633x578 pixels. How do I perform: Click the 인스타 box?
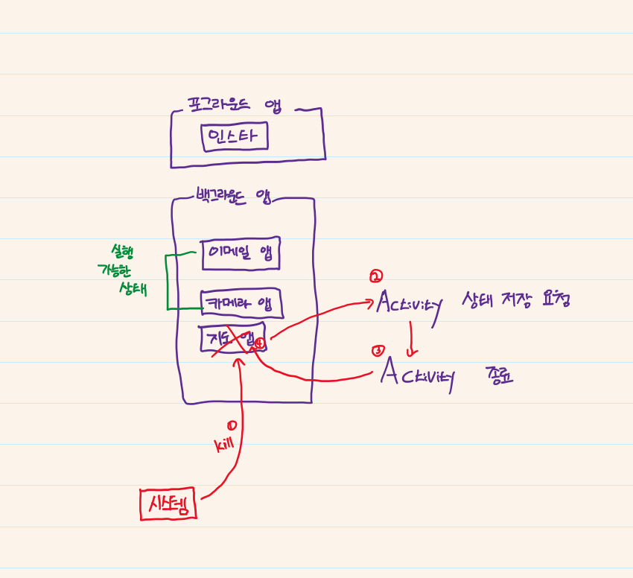pyautogui.click(x=235, y=137)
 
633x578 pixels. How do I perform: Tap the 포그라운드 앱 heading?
pyautogui.click(x=234, y=106)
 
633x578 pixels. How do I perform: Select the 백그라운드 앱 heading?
pyautogui.click(x=232, y=197)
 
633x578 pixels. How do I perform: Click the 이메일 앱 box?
pyautogui.click(x=240, y=253)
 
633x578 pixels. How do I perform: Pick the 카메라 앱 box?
pyautogui.click(x=240, y=302)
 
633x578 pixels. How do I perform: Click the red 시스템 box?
pyautogui.click(x=169, y=504)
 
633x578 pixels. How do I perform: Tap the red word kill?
pyautogui.click(x=224, y=444)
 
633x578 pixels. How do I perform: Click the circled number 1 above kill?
pyautogui.click(x=232, y=425)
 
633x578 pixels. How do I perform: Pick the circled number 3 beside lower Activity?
pyautogui.click(x=378, y=350)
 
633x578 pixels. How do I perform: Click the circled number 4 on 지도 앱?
pyautogui.click(x=259, y=343)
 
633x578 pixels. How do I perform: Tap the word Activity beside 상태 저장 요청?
pyautogui.click(x=409, y=302)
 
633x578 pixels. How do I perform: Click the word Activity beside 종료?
pyautogui.click(x=416, y=372)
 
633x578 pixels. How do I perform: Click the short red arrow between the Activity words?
pyautogui.click(x=409, y=339)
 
